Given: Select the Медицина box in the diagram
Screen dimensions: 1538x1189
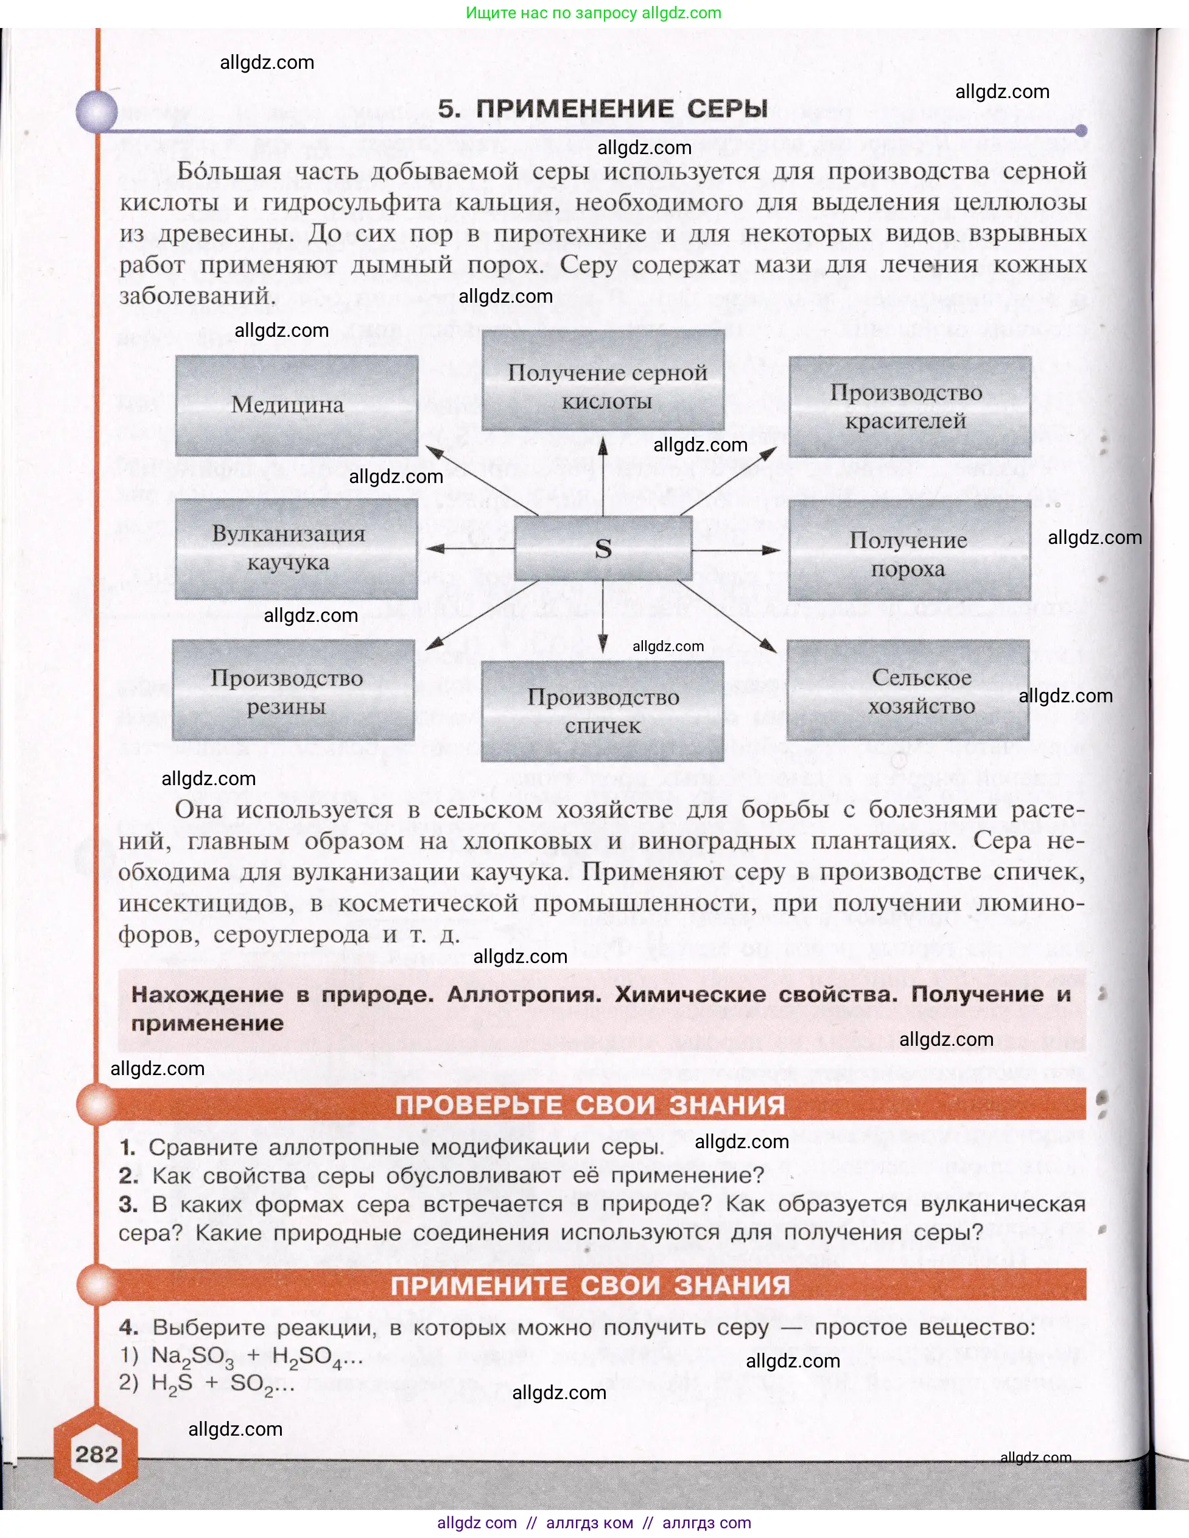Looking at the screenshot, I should click(296, 405).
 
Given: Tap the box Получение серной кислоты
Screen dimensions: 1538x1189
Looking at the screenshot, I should click(603, 381).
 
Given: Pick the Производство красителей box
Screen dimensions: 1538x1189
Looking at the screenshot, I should click(910, 406).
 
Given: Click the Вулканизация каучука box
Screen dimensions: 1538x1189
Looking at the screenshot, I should click(296, 549).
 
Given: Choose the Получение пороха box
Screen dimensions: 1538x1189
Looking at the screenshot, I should click(910, 550).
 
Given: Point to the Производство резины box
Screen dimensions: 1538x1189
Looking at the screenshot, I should click(293, 690).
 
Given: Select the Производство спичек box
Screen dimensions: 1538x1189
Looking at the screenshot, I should click(603, 711).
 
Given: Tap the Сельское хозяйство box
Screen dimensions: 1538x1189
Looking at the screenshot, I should click(908, 690).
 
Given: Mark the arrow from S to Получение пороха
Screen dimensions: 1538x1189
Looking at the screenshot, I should click(736, 549).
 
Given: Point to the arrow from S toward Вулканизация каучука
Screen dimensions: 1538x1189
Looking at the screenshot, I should click(469, 549).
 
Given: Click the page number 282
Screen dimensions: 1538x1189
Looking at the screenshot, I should click(96, 1454).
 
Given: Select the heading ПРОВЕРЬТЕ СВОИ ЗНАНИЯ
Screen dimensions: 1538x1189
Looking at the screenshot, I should click(590, 1104).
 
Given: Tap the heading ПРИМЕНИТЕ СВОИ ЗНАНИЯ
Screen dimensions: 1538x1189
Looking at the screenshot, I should click(590, 1285).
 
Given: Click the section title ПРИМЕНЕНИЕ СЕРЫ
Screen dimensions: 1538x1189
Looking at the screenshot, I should click(603, 108).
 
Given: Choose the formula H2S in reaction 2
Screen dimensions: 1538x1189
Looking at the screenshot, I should click(172, 1384).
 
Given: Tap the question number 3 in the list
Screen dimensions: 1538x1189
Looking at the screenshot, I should click(127, 1204).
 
